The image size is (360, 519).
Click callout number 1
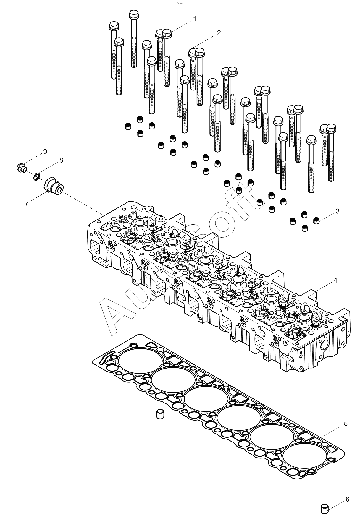tap(195, 19)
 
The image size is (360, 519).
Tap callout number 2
tap(219, 33)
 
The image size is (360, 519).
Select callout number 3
tap(338, 211)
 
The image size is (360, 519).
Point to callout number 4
tap(335, 280)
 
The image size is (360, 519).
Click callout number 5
tap(346, 424)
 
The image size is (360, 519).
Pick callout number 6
tap(347, 499)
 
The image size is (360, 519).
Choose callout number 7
tap(27, 203)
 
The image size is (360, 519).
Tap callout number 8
tap(61, 160)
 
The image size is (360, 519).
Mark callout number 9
tap(45, 152)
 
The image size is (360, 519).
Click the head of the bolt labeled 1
tap(167, 34)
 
